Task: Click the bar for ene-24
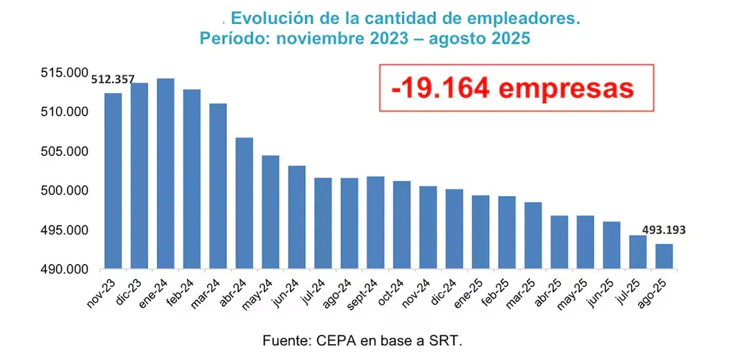(x=165, y=173)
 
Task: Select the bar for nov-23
(x=113, y=180)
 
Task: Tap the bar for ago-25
(x=663, y=256)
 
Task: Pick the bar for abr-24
(x=244, y=203)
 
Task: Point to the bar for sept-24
(x=375, y=222)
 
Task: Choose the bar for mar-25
(x=533, y=235)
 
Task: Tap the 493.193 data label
(x=662, y=230)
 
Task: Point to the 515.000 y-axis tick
(x=64, y=73)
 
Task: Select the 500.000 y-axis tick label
(x=64, y=191)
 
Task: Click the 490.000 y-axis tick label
(x=64, y=269)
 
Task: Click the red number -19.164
(x=440, y=88)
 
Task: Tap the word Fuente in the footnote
(x=286, y=341)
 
